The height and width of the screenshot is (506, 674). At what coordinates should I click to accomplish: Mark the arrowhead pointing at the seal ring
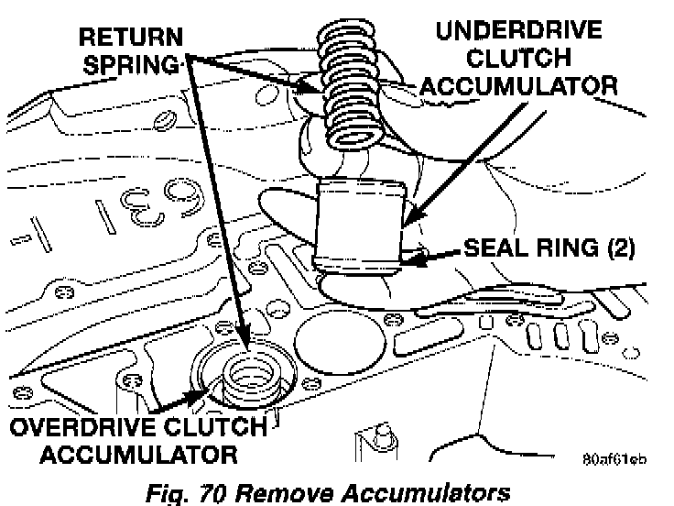(x=415, y=259)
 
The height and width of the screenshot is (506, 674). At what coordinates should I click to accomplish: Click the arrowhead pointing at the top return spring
(x=312, y=89)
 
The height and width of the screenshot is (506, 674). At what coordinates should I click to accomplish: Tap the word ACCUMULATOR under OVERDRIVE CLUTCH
(x=124, y=455)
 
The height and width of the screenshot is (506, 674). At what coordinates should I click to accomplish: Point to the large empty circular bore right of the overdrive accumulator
(x=335, y=339)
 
